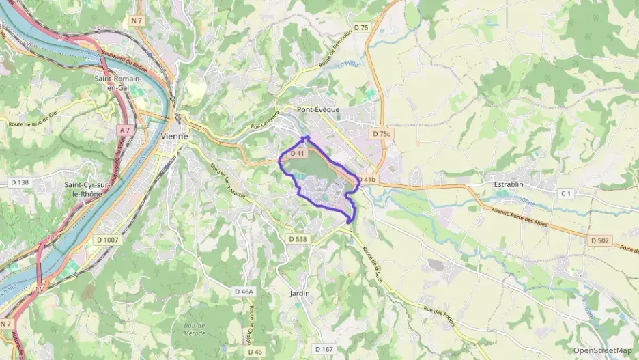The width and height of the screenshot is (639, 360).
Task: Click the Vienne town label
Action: pos(174,135)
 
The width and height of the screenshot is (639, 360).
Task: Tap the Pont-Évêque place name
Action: pos(317,109)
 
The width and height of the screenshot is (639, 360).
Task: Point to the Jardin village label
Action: pos(300,293)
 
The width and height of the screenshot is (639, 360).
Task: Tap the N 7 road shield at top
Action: pos(135,21)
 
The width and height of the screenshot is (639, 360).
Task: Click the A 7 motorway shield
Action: pos(124,129)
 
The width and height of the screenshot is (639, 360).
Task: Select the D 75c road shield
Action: pos(382,134)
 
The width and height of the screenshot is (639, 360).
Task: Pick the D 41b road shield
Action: pos(367,180)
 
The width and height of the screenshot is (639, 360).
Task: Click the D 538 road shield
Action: pos(298,239)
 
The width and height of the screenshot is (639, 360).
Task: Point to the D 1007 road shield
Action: pos(107,240)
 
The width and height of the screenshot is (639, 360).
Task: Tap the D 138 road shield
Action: pos(20,182)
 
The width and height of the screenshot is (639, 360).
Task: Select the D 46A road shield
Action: pos(244,291)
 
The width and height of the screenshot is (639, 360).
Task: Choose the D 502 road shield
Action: pos(601,240)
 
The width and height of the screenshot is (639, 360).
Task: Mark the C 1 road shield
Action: pos(565,194)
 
